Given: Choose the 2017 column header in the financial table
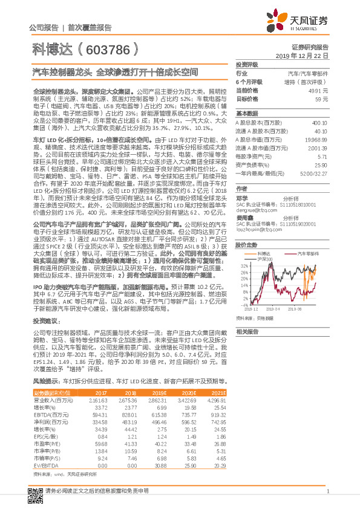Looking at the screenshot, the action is click(x=100, y=393).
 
